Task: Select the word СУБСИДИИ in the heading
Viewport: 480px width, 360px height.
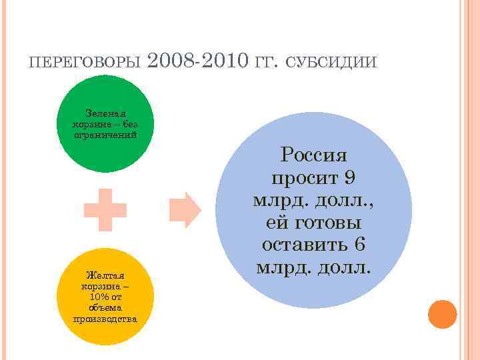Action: click(334, 63)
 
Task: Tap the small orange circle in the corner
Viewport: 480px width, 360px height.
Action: click(442, 313)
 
